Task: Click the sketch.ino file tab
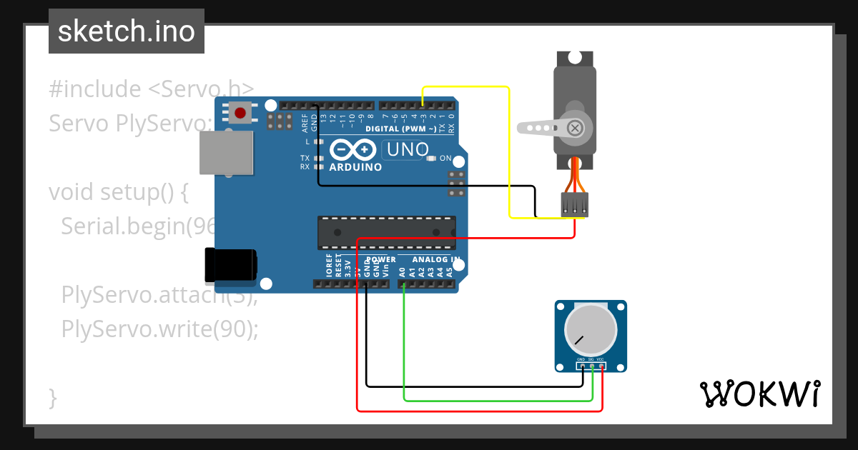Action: pos(127,31)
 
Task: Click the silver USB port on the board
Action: pos(225,152)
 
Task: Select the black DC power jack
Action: pos(230,264)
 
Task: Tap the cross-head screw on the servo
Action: pos(574,128)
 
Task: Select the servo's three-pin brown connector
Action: pos(575,204)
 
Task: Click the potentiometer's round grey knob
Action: pos(590,331)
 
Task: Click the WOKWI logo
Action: pos(759,394)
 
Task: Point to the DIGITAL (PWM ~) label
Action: pos(400,129)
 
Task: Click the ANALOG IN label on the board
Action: pos(435,259)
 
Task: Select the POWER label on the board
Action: pos(380,259)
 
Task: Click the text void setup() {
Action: pos(118,192)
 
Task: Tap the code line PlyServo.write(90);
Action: pos(159,329)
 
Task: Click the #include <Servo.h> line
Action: pos(151,89)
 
